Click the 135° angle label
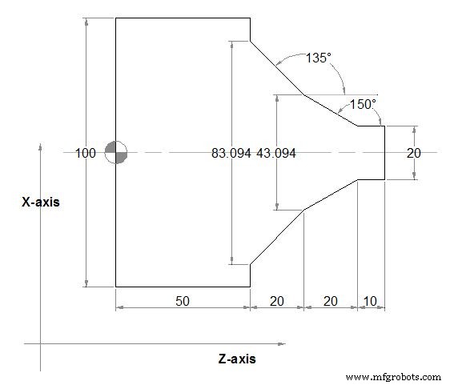coord(319,58)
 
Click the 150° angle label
coord(363,104)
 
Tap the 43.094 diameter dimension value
coord(276,153)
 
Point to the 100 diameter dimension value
coord(86,153)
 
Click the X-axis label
coord(40,203)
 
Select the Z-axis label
coord(237,359)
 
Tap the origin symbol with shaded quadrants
coord(116,152)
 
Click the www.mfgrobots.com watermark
coord(393,376)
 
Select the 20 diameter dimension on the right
coord(414,153)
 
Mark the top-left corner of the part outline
coord(116,18)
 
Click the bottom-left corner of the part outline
coord(116,286)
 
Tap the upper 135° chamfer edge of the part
coord(277,68)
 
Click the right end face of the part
coord(385,152)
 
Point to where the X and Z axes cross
coord(40,344)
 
